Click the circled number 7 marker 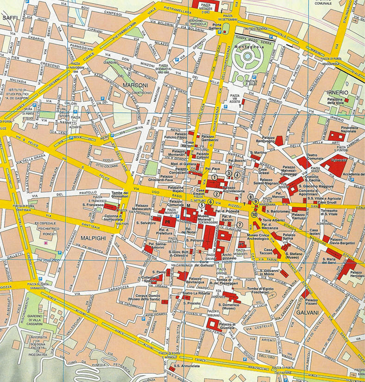(x=239, y=225)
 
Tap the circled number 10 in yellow (x=254, y=214)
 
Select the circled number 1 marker (x=214, y=177)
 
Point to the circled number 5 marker (x=202, y=206)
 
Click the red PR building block (x=168, y=221)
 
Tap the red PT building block (x=241, y=244)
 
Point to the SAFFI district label (x=10, y=17)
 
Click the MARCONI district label (x=135, y=85)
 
